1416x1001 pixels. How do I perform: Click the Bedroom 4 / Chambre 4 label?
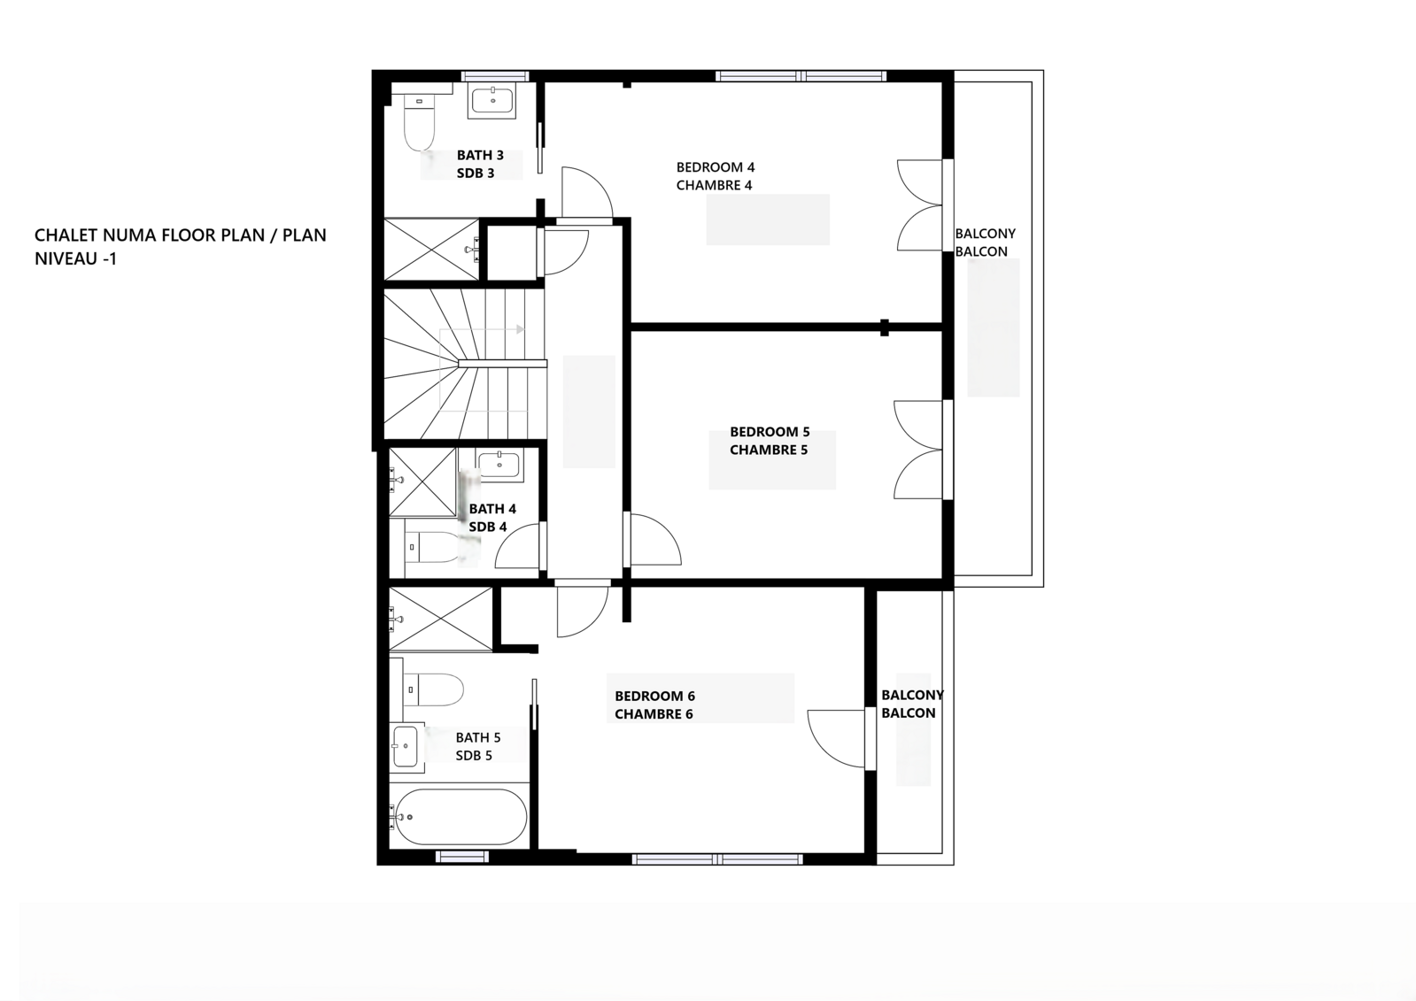(715, 176)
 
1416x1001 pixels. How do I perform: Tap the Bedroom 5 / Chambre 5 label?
(769, 441)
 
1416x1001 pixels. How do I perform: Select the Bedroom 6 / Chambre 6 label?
(654, 705)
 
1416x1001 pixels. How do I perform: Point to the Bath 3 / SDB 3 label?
(479, 165)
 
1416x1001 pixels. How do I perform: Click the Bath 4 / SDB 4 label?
(491, 518)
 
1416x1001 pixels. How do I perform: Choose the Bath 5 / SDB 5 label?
(477, 746)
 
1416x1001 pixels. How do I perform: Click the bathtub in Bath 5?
(460, 817)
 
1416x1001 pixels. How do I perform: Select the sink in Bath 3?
(491, 100)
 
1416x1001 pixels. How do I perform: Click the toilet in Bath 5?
(434, 689)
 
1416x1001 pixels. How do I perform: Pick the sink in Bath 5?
(405, 746)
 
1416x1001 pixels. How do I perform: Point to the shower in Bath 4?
(422, 482)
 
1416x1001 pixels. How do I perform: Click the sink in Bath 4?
(499, 464)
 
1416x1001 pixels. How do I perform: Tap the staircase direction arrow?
(520, 329)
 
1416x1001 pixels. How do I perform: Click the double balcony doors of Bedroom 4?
(921, 205)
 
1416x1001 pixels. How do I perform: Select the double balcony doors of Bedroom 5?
(919, 450)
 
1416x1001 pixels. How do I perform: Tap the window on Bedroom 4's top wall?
(801, 76)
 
